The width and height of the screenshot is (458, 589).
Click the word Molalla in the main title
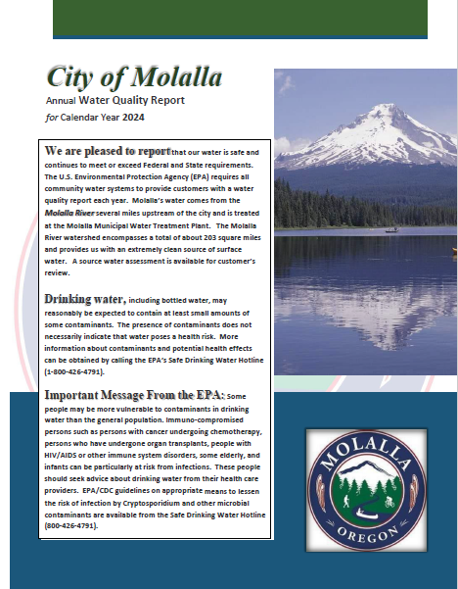(x=177, y=76)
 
